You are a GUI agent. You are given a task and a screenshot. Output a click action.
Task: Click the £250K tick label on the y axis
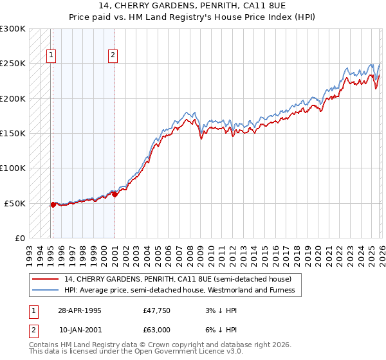13,64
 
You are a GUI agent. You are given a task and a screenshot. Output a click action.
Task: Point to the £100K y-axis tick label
13,168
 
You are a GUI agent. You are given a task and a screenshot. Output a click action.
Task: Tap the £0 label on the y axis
19,238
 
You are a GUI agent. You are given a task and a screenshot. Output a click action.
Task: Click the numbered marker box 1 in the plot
51,56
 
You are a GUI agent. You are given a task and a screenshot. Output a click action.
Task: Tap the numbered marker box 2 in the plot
113,56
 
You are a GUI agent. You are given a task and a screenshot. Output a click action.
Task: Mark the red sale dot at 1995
53,204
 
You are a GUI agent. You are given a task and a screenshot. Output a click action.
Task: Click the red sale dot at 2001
115,194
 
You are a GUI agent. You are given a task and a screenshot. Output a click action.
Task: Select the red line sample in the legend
46,279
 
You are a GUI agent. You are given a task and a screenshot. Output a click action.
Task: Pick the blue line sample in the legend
46,291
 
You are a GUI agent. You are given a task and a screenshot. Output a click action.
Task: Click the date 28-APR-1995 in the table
80,310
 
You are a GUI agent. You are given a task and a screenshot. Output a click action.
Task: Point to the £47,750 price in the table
156,310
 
